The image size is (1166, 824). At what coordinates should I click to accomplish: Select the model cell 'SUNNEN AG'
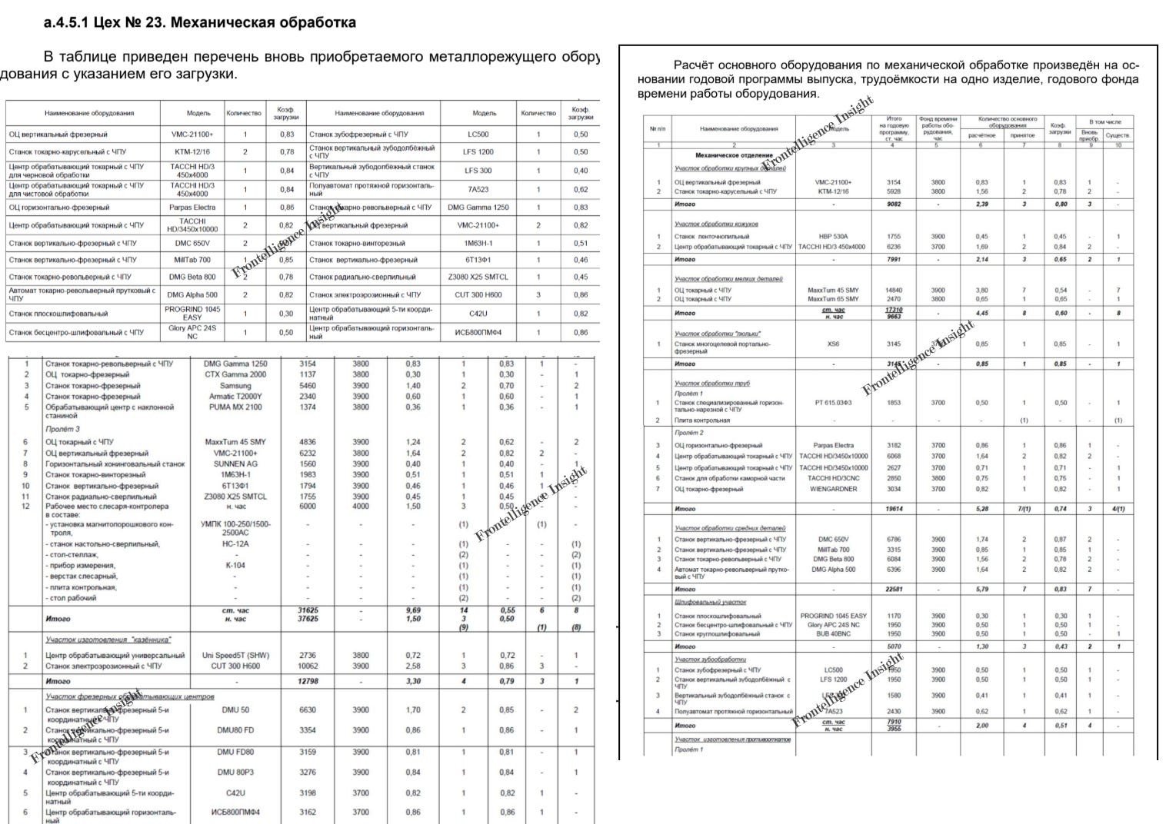pyautogui.click(x=235, y=464)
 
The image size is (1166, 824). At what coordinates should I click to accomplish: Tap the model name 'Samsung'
pyautogui.click(x=235, y=386)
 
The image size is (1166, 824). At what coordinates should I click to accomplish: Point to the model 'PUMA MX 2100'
pyautogui.click(x=235, y=407)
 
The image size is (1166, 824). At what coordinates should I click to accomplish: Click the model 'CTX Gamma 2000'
pyautogui.click(x=235, y=375)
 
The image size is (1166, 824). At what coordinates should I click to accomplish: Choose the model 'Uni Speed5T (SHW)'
pyautogui.click(x=235, y=656)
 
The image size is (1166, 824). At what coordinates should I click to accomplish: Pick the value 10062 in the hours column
pyautogui.click(x=307, y=666)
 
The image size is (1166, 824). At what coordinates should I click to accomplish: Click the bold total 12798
pyautogui.click(x=307, y=681)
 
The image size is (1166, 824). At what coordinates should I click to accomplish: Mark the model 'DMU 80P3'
pyautogui.click(x=235, y=772)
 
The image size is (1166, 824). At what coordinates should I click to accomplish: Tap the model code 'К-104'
pyautogui.click(x=235, y=565)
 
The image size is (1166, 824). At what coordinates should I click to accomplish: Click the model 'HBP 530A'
pyautogui.click(x=833, y=237)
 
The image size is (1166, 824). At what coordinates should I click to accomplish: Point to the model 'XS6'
pyautogui.click(x=833, y=344)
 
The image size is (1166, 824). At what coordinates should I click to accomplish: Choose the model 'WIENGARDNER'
pyautogui.click(x=833, y=489)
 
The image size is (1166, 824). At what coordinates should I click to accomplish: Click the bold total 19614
pyautogui.click(x=894, y=509)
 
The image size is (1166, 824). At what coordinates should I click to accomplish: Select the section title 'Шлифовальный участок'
pyautogui.click(x=710, y=602)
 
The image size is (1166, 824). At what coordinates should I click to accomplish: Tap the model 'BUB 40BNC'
pyautogui.click(x=833, y=634)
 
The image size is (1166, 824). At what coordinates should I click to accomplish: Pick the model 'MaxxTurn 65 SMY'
pyautogui.click(x=833, y=299)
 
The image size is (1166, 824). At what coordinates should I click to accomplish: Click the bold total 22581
pyautogui.click(x=894, y=590)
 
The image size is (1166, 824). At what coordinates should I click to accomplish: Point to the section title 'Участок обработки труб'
pyautogui.click(x=711, y=383)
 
